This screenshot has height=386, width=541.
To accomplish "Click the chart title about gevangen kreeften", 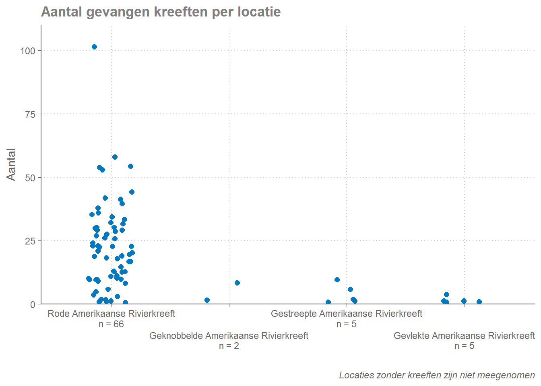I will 161,12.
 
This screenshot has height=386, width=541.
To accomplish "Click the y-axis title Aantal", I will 11,164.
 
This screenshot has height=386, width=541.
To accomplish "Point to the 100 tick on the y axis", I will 28,51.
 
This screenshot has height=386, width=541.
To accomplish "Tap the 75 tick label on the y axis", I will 30,114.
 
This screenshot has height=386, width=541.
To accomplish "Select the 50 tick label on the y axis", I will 30,178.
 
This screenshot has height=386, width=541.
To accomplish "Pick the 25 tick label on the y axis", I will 30,241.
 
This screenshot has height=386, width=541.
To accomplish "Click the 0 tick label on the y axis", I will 33,304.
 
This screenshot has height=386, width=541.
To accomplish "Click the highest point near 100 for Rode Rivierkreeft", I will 94,47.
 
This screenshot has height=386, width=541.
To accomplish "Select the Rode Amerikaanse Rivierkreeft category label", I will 111,314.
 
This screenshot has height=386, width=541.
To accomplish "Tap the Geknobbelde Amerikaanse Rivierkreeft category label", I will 229,336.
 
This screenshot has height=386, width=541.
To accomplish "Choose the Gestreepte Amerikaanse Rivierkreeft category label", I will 346,314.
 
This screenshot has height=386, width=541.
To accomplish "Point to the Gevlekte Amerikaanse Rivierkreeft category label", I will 464,336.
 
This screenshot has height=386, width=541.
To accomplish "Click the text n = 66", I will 111,324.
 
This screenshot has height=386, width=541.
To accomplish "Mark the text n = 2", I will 229,346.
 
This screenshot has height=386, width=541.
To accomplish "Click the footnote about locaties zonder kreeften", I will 437,375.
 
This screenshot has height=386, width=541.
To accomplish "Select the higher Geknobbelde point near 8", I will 237,283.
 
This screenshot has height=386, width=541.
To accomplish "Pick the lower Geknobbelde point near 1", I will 207,300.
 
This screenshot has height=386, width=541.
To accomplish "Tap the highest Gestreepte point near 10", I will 337,280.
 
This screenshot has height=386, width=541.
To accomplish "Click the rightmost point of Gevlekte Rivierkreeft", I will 479,302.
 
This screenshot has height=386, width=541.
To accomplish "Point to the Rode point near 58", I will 115,157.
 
